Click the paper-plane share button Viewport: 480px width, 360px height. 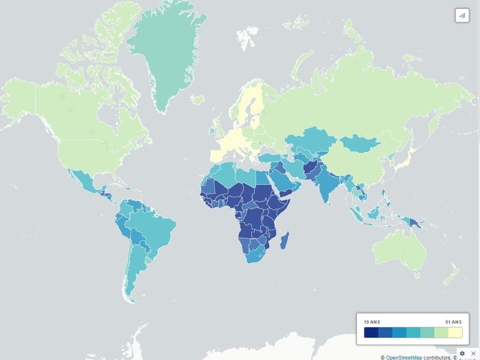click(462, 15)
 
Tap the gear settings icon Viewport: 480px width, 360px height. click(462, 353)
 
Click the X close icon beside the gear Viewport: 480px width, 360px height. click(473, 353)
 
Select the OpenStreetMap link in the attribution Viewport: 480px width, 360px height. click(403, 357)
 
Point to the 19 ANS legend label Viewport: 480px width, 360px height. click(371, 321)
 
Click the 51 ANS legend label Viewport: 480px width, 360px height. click(453, 321)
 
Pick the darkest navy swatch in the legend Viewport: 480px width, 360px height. click(371, 332)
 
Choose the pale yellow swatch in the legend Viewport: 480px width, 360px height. click(455, 332)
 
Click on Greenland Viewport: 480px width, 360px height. click(165, 45)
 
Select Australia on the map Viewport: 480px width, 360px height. click(400, 250)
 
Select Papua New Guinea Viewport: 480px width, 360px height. click(413, 221)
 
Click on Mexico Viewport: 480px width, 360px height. click(82, 182)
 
